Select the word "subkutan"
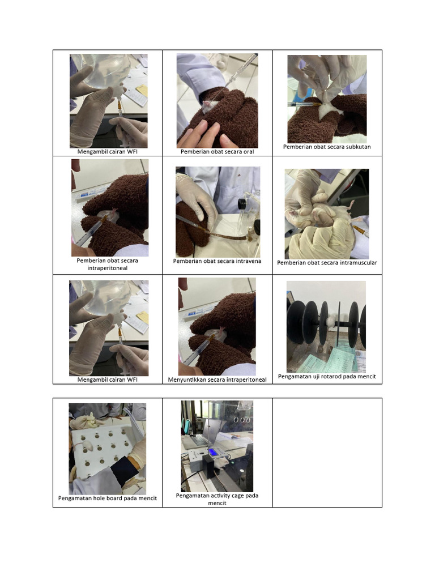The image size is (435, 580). tap(358, 147)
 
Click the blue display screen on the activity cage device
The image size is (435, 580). tap(213, 451)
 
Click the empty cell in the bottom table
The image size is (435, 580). tap(327, 453)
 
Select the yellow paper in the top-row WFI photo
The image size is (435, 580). tap(142, 90)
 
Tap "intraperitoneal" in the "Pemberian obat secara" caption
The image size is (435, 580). tap(107, 268)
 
